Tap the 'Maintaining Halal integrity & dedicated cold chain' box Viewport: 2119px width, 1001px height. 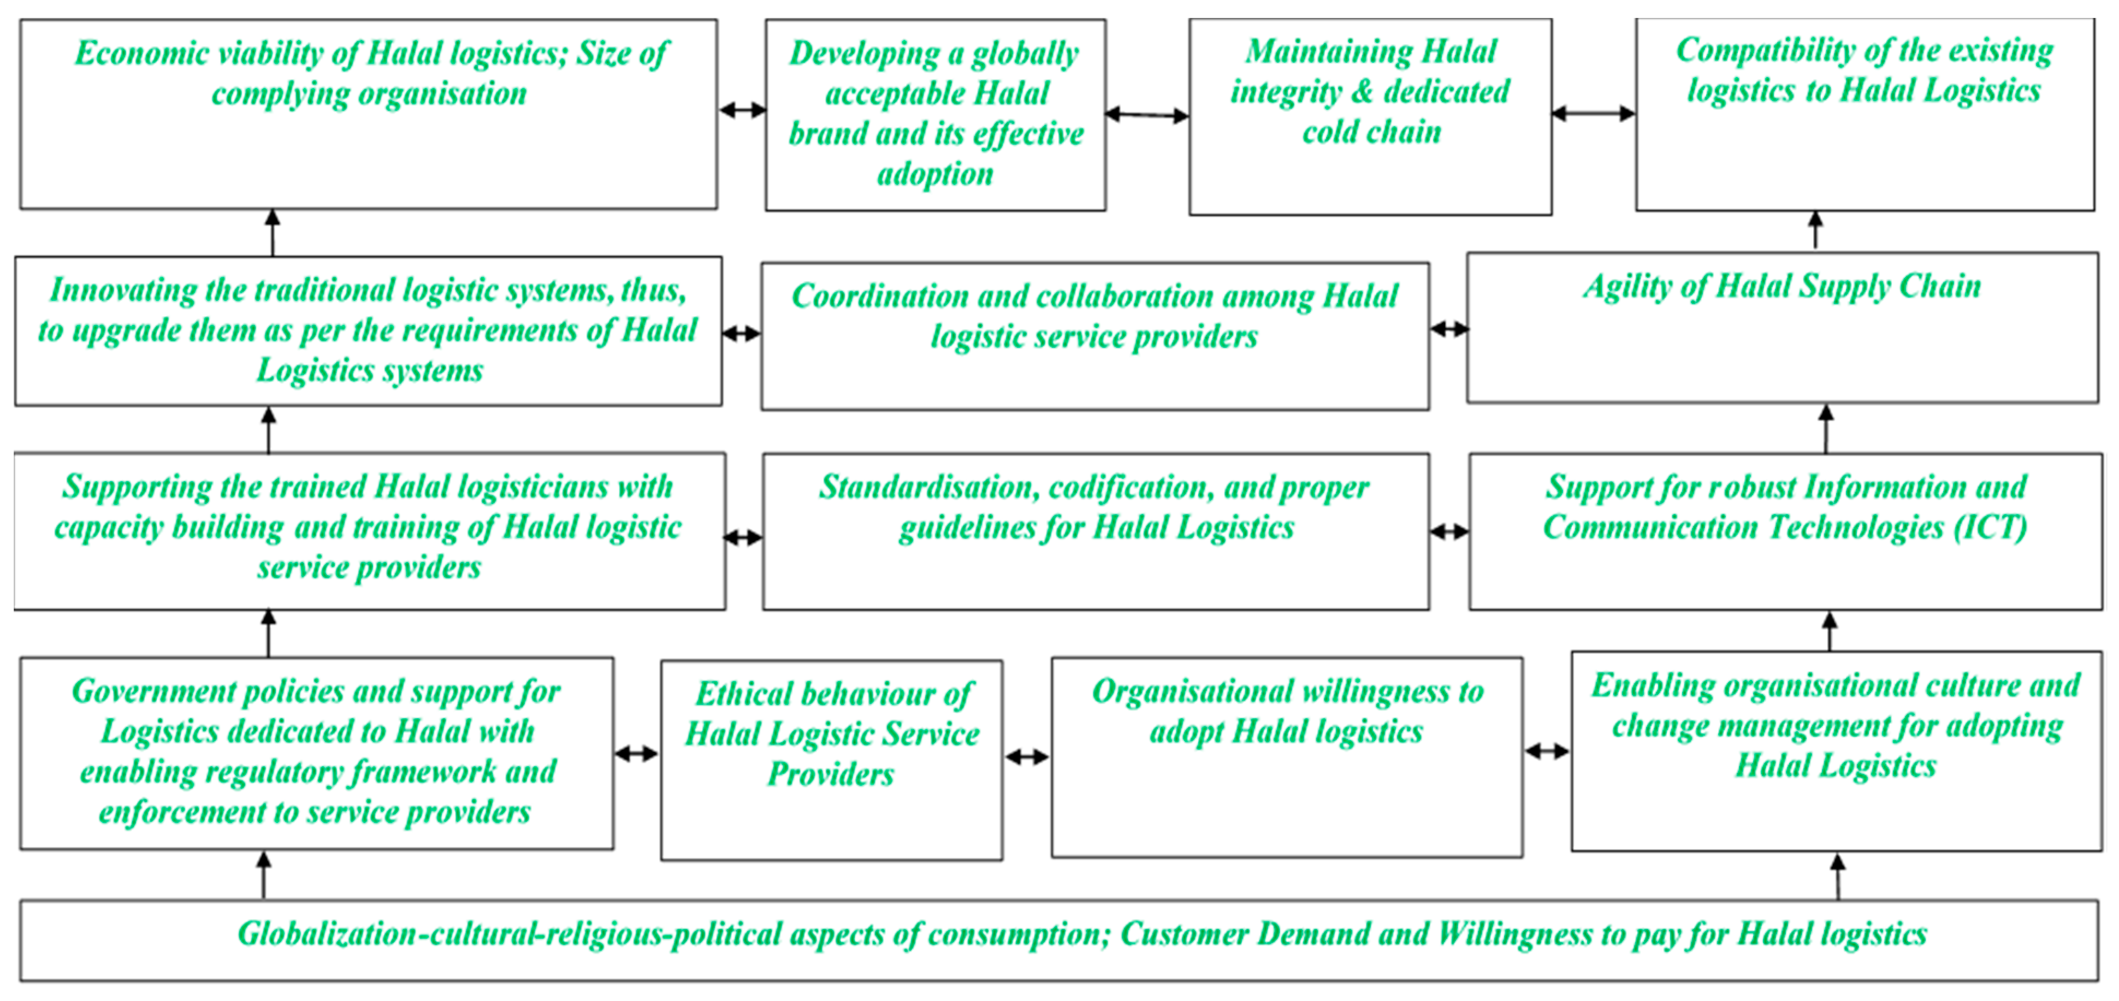pos(1370,117)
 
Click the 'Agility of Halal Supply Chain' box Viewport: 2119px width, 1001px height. pos(1781,327)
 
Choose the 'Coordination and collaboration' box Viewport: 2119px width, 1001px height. pos(1095,336)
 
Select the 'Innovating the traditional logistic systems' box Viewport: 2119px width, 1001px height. pos(369,330)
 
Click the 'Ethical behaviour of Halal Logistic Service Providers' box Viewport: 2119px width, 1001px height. pos(832,759)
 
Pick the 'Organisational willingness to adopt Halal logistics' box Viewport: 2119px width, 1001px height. pos(1287,757)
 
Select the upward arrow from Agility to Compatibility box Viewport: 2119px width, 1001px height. pos(1815,231)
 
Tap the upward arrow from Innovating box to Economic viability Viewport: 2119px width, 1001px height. pos(273,233)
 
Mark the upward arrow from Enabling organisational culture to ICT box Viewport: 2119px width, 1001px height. pos(1830,631)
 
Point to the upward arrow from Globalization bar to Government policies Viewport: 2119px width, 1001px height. pos(263,875)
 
